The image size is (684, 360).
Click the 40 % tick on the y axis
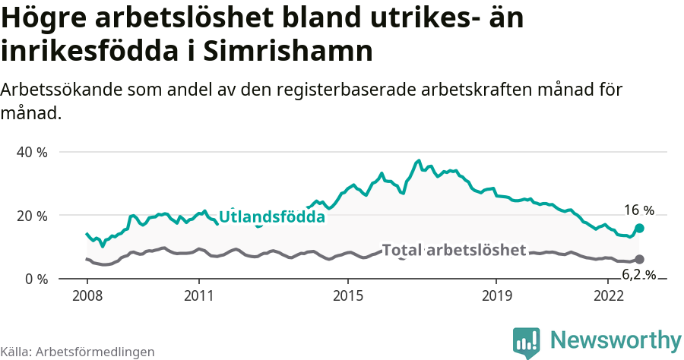coord(32,152)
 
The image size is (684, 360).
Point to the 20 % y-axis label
coord(32,216)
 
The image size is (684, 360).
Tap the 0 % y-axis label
coord(35,279)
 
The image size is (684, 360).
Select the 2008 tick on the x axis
coord(87,295)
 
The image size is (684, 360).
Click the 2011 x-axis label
coord(198,295)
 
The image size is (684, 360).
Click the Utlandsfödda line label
coord(272,217)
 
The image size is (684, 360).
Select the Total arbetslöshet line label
coord(454,250)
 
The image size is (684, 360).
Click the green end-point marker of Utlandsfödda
coord(639,228)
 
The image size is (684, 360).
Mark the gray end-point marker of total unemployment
coord(639,259)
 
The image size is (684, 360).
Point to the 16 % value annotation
coord(638,210)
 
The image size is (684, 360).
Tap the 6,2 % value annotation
coord(638,274)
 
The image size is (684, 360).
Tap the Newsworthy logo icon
coord(527,342)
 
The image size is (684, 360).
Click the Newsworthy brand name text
coord(616,339)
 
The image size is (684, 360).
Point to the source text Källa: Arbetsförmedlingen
coord(78,352)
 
